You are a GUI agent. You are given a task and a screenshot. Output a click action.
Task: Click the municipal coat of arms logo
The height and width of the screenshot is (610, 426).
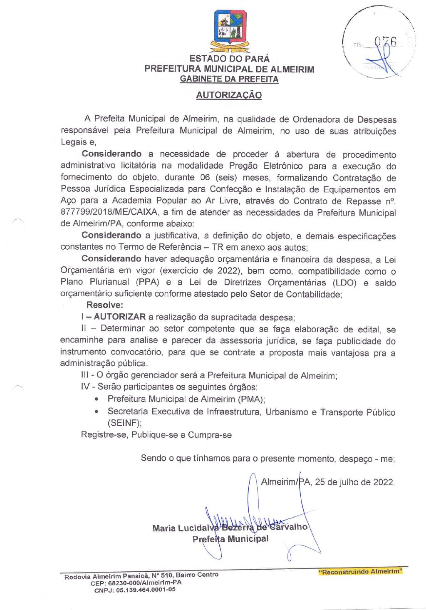(230, 30)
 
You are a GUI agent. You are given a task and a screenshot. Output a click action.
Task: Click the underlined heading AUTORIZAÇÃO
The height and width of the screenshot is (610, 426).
(229, 95)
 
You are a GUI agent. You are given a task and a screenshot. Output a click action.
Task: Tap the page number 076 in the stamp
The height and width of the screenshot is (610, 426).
(385, 42)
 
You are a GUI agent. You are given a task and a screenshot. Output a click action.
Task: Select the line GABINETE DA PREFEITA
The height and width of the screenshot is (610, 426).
(229, 79)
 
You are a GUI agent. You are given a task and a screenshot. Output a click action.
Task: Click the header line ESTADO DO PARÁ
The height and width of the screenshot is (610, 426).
(229, 59)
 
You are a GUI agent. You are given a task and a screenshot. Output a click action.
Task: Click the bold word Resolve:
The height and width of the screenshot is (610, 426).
(104, 305)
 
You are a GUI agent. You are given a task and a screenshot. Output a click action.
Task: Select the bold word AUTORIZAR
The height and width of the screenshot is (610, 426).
(120, 317)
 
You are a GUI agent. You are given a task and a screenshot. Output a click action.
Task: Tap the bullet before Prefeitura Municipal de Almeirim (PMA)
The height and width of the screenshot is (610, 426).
(97, 399)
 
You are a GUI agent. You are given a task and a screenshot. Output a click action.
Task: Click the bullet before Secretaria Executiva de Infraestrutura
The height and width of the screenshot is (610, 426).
(97, 412)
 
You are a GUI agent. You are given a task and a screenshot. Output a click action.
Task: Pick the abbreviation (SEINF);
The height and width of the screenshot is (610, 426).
(124, 423)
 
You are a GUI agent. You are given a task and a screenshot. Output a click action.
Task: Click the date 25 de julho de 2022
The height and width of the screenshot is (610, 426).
(354, 482)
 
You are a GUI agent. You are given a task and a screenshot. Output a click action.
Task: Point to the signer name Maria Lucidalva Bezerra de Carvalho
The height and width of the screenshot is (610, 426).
(230, 528)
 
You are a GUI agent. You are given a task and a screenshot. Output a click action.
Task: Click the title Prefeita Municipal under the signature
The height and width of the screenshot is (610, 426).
(230, 539)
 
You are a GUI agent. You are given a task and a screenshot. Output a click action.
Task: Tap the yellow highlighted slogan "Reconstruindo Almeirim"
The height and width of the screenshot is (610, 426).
(360, 572)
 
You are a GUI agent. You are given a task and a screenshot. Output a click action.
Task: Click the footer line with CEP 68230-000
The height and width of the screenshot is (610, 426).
(136, 583)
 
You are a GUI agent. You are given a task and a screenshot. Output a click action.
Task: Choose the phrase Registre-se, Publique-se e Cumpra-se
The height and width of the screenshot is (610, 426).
(156, 435)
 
